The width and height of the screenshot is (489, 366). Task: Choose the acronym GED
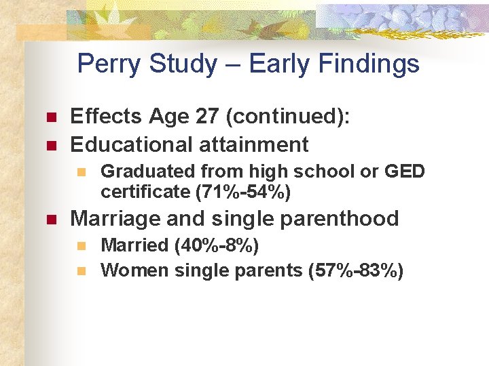pyautogui.click(x=404, y=172)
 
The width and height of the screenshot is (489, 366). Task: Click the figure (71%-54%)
pyautogui.click(x=243, y=192)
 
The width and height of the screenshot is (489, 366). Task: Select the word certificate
pyautogui.click(x=145, y=192)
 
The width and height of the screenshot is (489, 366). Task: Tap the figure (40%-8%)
pyautogui.click(x=217, y=245)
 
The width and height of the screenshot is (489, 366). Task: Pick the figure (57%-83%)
pyautogui.click(x=356, y=270)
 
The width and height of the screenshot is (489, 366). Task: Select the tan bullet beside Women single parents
pyautogui.click(x=81, y=271)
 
